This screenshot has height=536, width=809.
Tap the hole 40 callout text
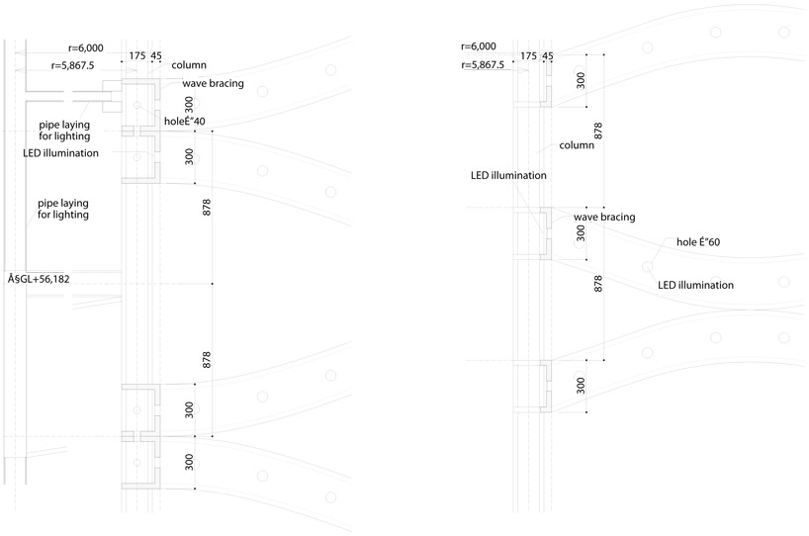185,122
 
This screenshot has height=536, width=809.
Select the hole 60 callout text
699,242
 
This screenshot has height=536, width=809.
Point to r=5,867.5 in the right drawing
483,65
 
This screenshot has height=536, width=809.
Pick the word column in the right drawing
577,145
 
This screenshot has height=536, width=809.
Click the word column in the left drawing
189,65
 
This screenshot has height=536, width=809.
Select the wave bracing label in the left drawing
213,84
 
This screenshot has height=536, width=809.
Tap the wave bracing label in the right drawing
604,217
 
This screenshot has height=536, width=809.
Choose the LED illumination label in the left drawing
61,153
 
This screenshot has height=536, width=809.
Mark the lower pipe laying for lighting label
63,208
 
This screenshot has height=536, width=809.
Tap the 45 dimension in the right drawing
548,56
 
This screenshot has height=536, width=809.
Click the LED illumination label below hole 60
695,285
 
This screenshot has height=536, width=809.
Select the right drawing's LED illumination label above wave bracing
508,175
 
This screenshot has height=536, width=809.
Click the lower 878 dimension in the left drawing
207,359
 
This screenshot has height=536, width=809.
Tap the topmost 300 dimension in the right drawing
581,81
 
